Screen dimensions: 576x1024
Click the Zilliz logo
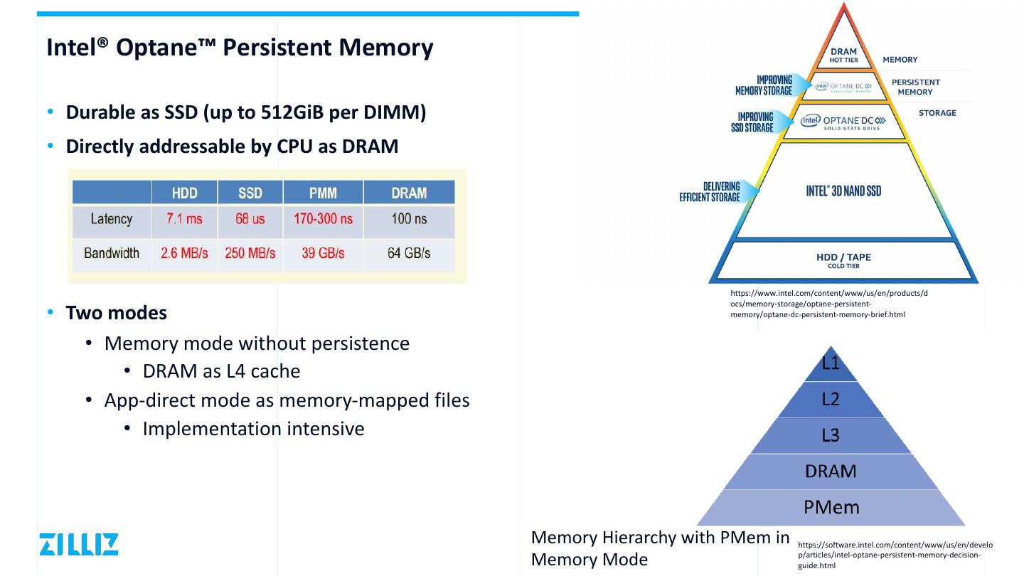coord(79,544)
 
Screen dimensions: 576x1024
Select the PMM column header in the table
coord(324,193)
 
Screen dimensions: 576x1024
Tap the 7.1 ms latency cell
coord(184,219)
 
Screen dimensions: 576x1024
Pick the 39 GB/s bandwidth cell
coord(323,253)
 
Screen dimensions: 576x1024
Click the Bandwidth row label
coord(112,253)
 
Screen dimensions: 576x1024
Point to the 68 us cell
coord(250,219)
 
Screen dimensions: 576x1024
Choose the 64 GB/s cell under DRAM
coord(409,253)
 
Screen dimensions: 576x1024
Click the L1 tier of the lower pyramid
coord(831,364)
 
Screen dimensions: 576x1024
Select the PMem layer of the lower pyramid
coord(831,507)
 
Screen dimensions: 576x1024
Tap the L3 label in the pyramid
coord(831,435)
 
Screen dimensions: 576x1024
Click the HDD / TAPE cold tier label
coord(843,260)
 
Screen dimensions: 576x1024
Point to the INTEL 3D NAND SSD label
coord(843,191)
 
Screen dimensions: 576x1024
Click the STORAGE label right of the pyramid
coord(937,113)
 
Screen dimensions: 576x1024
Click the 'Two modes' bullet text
coord(117,313)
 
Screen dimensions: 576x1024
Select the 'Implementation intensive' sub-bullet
coord(253,429)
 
